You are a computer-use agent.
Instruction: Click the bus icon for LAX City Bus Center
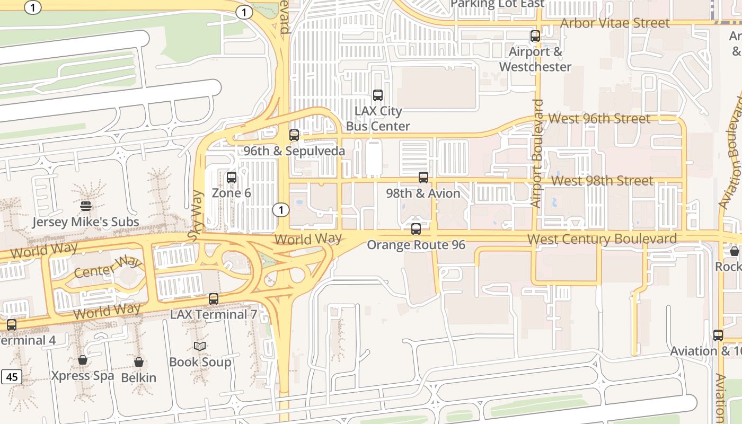378,95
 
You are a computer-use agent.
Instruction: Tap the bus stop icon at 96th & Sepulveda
294,135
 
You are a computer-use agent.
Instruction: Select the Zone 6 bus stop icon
232,178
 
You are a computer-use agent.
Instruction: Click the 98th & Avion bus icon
423,178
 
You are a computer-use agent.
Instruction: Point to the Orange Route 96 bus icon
416,229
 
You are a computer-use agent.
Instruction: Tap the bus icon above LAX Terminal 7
214,299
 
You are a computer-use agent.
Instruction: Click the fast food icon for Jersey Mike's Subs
86,206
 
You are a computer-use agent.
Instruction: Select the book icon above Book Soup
200,346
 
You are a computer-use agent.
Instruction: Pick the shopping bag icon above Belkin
139,362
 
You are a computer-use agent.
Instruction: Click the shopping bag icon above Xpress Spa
83,360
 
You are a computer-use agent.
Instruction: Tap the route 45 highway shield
12,377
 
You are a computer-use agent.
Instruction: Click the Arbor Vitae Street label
615,23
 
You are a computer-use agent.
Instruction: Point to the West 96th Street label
599,118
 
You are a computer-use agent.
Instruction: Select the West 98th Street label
602,181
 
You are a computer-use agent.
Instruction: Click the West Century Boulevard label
602,239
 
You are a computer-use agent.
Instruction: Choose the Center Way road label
108,267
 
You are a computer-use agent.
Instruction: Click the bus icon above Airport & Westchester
535,36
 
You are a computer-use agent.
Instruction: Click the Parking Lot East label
497,4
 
